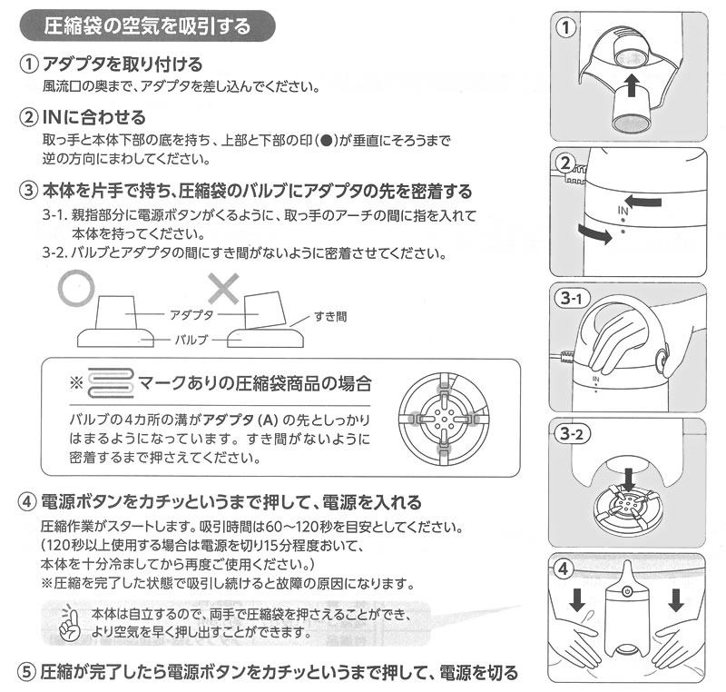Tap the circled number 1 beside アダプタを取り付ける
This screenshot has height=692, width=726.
(x=29, y=66)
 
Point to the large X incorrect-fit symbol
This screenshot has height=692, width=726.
(x=222, y=290)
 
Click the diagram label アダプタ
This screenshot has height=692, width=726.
(x=191, y=311)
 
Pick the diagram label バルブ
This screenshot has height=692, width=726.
(x=191, y=340)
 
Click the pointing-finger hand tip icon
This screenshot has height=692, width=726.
(x=64, y=623)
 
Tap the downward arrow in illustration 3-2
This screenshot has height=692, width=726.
(x=625, y=477)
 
